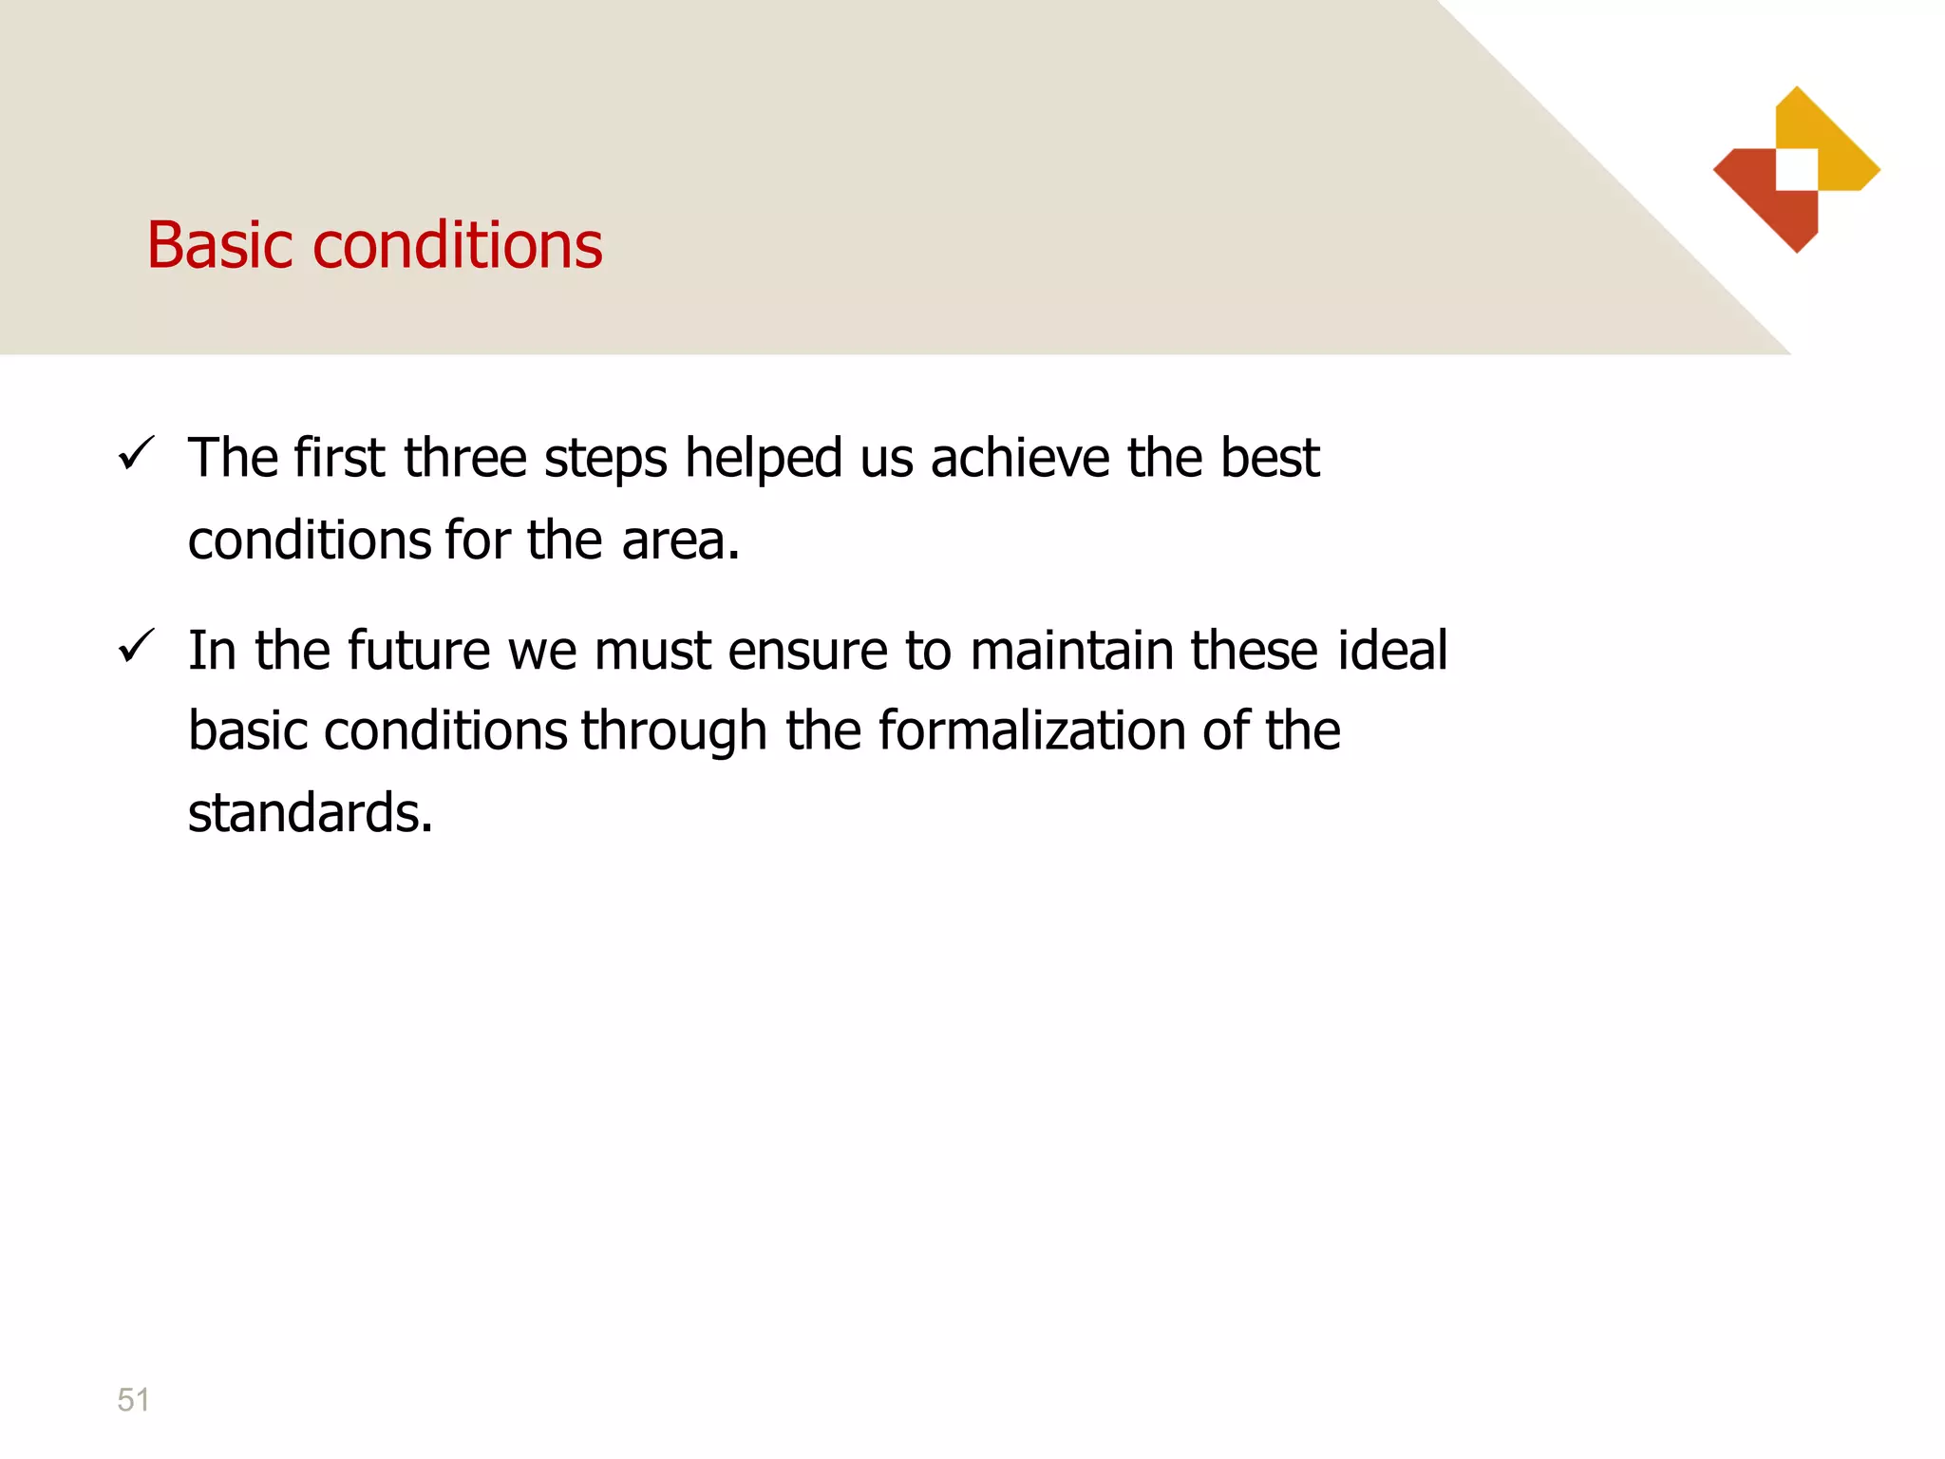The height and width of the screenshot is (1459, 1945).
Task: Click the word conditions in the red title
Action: [x=457, y=245]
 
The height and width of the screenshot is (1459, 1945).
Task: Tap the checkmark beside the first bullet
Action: [x=136, y=453]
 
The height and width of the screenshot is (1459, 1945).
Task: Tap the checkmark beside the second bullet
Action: [x=136, y=647]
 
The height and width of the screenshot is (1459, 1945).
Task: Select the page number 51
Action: [x=133, y=1399]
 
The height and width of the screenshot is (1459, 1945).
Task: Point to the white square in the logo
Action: [x=1797, y=170]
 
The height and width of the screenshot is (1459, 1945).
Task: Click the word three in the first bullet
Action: [x=464, y=458]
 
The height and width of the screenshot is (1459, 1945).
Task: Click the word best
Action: [x=1270, y=458]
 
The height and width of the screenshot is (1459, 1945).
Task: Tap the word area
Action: [x=680, y=540]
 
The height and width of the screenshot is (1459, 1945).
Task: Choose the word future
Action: [x=418, y=651]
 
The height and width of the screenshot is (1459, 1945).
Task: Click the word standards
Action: [x=310, y=813]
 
